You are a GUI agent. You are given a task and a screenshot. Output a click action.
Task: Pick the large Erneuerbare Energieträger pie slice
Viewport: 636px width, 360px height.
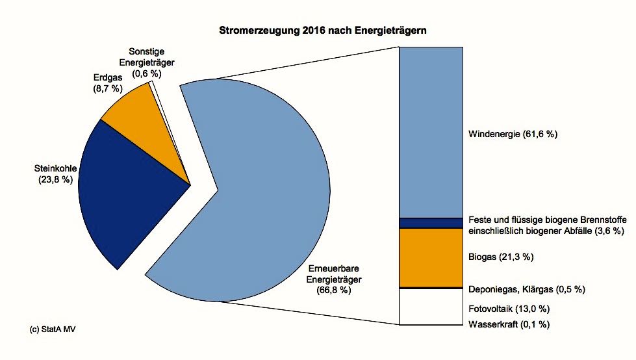(x=273, y=188)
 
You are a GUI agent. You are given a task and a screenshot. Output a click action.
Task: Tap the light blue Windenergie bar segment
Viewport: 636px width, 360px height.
(x=430, y=130)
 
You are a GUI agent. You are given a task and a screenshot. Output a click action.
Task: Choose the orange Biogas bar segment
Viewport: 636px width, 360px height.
(x=430, y=257)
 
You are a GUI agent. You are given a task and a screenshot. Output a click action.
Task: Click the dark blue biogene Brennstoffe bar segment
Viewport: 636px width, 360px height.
(x=430, y=223)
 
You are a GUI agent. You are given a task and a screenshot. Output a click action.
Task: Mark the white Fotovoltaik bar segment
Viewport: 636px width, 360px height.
(x=430, y=306)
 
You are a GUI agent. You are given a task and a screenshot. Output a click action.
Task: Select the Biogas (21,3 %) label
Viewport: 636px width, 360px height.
(x=500, y=257)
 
